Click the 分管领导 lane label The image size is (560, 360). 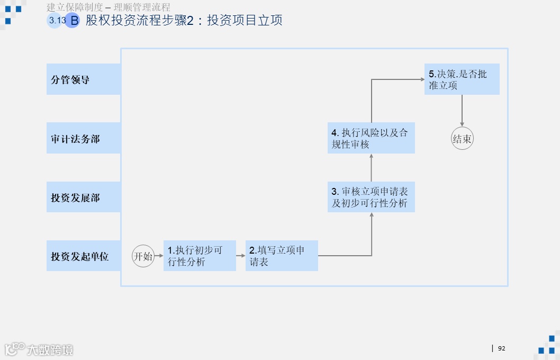coord(83,79)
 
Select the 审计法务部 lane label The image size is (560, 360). coord(83,139)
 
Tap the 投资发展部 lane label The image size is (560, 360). coord(83,197)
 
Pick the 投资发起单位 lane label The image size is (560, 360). coord(83,256)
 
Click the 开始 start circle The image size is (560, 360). coord(143,256)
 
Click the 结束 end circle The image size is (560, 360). coord(462,139)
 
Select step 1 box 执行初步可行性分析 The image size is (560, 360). coord(200,256)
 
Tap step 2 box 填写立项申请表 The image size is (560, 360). coord(282,256)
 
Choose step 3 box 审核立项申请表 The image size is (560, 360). coord(371,197)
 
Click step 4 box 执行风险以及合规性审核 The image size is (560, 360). coord(371,138)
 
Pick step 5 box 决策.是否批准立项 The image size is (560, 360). coord(462,79)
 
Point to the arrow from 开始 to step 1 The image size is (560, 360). coord(159,256)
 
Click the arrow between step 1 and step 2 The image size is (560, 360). coord(241,256)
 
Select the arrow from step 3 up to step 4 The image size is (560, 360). coord(371,168)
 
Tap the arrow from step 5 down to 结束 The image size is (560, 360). coord(462,111)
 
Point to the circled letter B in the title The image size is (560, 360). coord(73,21)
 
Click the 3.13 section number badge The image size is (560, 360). coord(56,21)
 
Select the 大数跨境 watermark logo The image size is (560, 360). coord(39,349)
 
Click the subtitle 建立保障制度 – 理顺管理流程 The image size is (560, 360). coord(109,7)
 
